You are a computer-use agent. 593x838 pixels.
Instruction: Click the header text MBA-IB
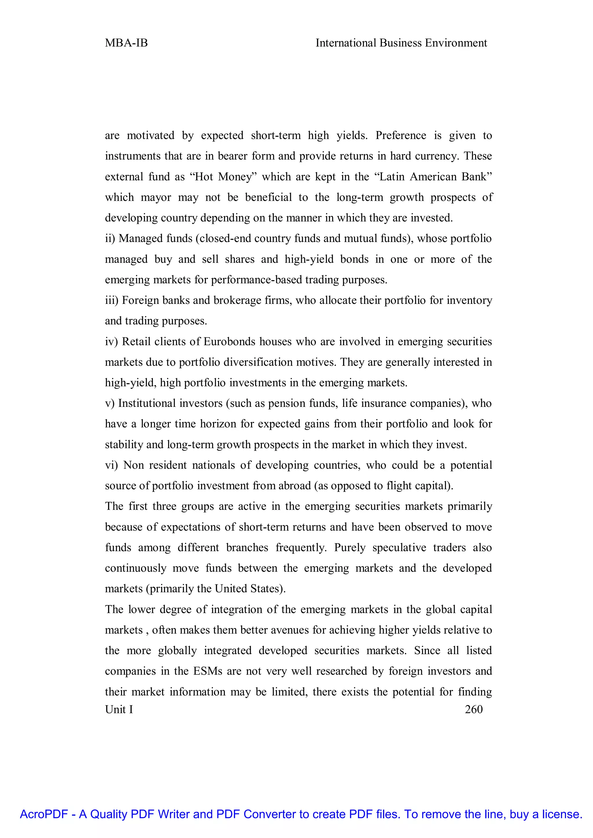point(126,43)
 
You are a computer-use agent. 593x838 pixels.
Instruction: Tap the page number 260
point(474,709)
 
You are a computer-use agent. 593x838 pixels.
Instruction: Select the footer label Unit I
point(119,709)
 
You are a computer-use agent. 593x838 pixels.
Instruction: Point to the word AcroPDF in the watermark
point(44,814)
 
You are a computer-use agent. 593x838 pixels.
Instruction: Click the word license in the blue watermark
point(562,814)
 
